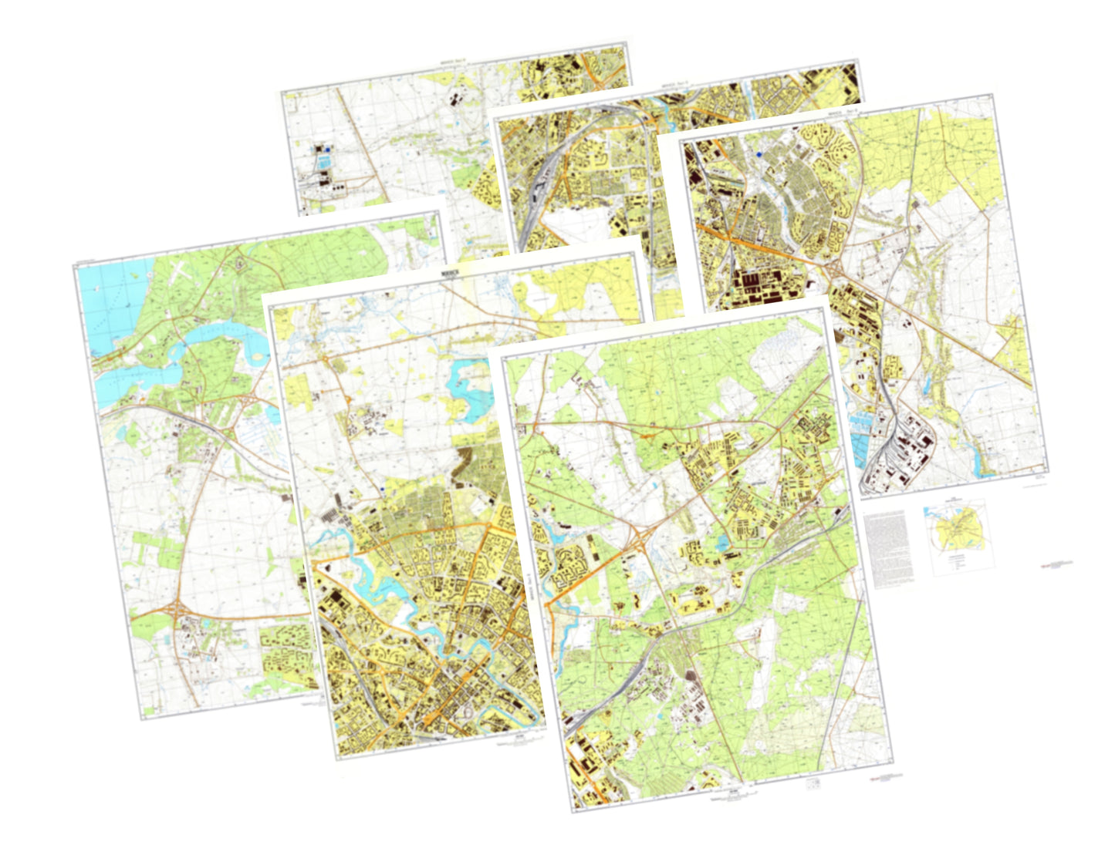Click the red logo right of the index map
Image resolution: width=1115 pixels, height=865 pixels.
[x=1054, y=564]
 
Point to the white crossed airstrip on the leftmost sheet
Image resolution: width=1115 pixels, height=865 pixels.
[x=179, y=271]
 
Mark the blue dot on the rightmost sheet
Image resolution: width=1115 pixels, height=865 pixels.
[x=759, y=154]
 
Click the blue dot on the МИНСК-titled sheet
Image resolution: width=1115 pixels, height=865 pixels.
[x=383, y=488]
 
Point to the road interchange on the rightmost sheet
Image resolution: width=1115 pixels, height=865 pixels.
[x=834, y=268]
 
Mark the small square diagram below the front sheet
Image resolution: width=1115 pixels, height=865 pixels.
[x=812, y=783]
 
